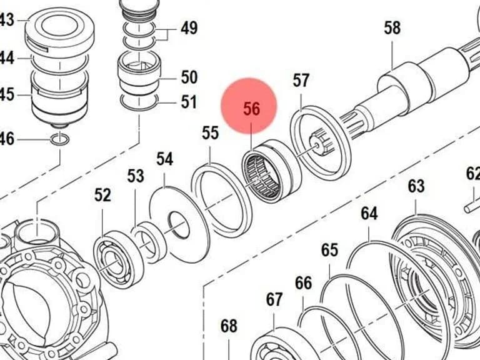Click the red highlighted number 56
pos(252,108)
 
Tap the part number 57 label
pos(301,80)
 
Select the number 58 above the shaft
pos(392,27)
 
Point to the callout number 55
pos(210,133)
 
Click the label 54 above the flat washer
pos(165,159)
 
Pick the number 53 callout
pos(136,176)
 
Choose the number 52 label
pos(102,195)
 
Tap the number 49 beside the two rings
pos(189,28)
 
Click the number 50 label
pos(189,77)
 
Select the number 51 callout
pos(189,102)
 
